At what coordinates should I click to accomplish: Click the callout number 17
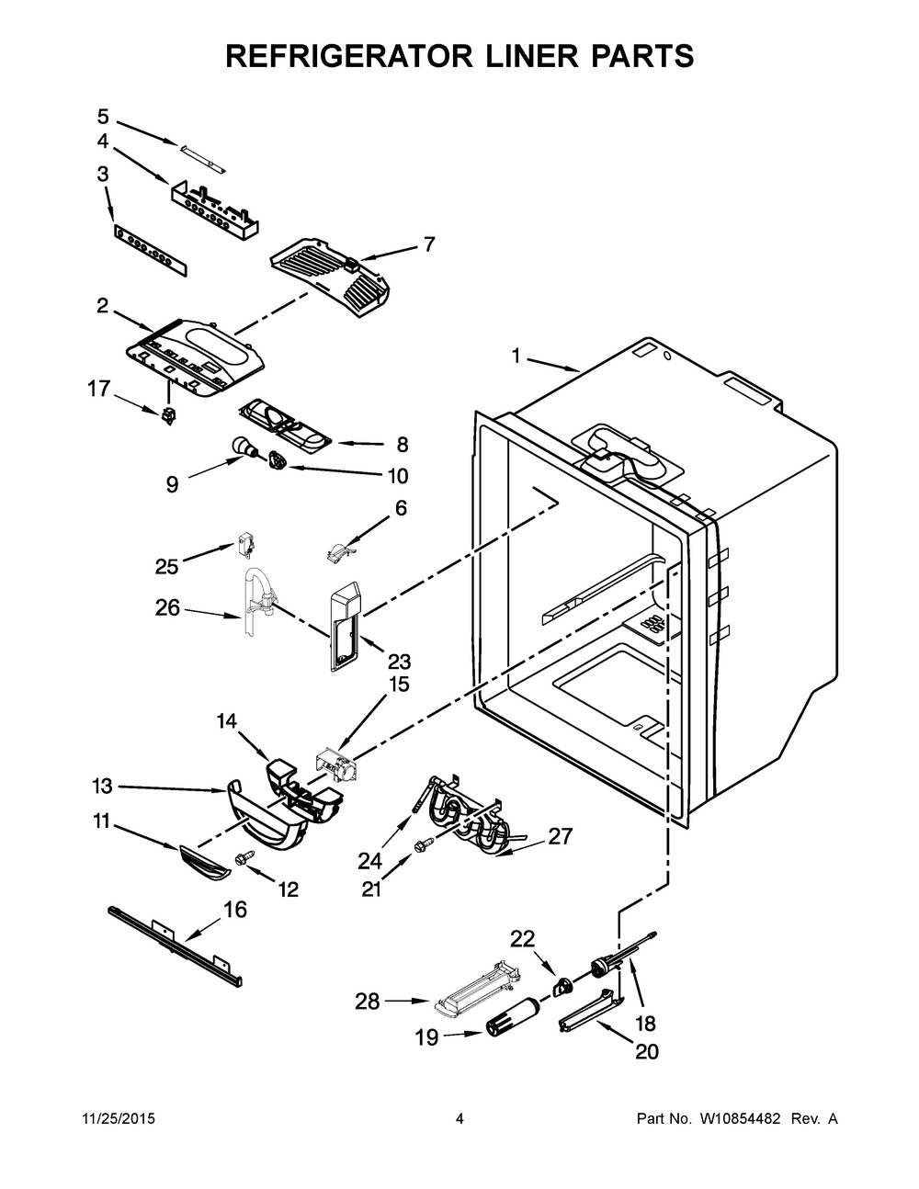[99, 389]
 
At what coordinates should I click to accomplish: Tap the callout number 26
[167, 607]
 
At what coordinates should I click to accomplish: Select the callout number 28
[368, 1002]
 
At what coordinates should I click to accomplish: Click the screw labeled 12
[244, 858]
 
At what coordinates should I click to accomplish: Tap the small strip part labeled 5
[202, 158]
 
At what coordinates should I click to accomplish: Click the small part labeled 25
[244, 549]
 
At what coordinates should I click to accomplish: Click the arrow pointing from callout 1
[553, 365]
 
